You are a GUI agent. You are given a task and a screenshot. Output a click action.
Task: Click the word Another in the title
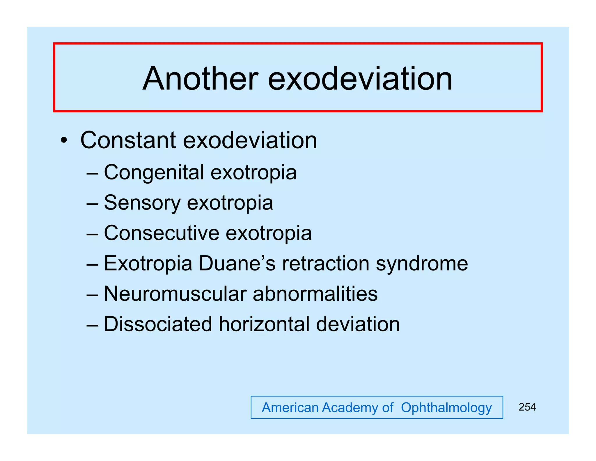click(x=201, y=79)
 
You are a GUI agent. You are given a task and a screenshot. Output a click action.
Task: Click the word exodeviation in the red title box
click(x=360, y=79)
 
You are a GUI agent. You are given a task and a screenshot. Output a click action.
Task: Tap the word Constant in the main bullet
click(x=128, y=140)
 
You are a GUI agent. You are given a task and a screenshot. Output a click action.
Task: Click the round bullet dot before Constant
click(x=64, y=141)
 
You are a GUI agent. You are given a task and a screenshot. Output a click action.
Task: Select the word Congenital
click(x=154, y=173)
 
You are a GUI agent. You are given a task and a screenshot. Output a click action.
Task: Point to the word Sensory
click(x=142, y=203)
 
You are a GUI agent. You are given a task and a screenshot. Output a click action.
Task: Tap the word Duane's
click(x=237, y=263)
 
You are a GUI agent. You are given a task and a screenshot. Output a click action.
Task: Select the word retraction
click(x=326, y=263)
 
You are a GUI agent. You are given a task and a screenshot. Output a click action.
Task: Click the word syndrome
click(x=422, y=264)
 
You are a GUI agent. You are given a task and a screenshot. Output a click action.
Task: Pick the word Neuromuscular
click(x=175, y=294)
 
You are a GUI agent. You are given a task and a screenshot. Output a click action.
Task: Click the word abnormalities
click(x=315, y=294)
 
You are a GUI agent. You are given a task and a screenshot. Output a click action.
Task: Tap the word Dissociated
click(x=158, y=324)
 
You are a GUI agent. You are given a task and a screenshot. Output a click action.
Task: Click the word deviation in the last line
click(x=358, y=324)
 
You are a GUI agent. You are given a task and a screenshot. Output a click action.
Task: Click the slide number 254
click(x=527, y=407)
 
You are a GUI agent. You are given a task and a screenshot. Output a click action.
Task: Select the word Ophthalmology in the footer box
click(x=446, y=408)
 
